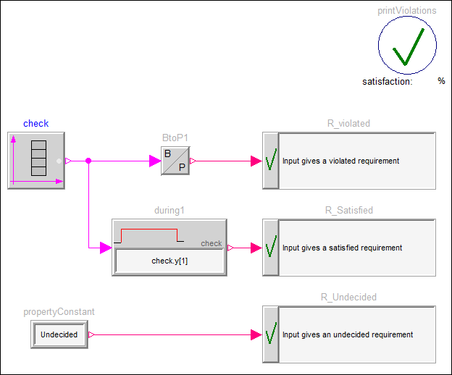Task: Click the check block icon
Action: coord(36,161)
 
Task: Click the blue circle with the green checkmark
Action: coord(407,46)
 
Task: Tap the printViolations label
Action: coord(407,11)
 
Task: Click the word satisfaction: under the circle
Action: coord(388,82)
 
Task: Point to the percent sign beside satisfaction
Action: coord(441,82)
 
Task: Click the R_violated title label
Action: coord(348,124)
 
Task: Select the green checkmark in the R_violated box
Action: coord(271,161)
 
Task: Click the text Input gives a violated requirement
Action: coord(340,161)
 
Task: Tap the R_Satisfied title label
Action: coord(348,211)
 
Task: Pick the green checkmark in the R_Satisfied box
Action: coord(271,248)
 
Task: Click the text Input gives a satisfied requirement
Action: coord(342,248)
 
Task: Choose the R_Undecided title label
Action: coord(348,298)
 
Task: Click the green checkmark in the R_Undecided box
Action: coord(271,334)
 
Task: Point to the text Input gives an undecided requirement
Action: coord(348,334)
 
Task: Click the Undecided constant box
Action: coord(59,334)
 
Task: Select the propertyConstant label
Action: coord(59,312)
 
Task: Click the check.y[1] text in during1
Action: coord(169,261)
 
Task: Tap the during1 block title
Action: coord(169,211)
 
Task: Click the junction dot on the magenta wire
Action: coord(88,161)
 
